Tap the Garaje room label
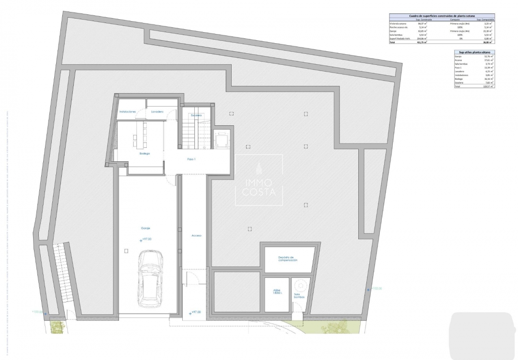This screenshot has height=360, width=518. [x=146, y=229]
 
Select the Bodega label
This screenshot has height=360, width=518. [x=144, y=154]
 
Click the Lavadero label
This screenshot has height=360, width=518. [x=157, y=112]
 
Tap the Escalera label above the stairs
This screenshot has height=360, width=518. [x=196, y=116]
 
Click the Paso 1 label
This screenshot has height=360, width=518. [x=191, y=159]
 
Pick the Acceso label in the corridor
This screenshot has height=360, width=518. [x=196, y=236]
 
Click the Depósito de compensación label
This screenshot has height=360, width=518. [x=288, y=259]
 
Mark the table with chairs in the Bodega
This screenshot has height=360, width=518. [x=140, y=134]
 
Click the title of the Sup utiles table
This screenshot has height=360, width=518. [x=474, y=52]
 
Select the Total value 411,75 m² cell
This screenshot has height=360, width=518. [x=422, y=42]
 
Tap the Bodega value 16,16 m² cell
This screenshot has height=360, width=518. [x=489, y=79]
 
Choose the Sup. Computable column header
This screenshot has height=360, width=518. [x=485, y=20]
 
